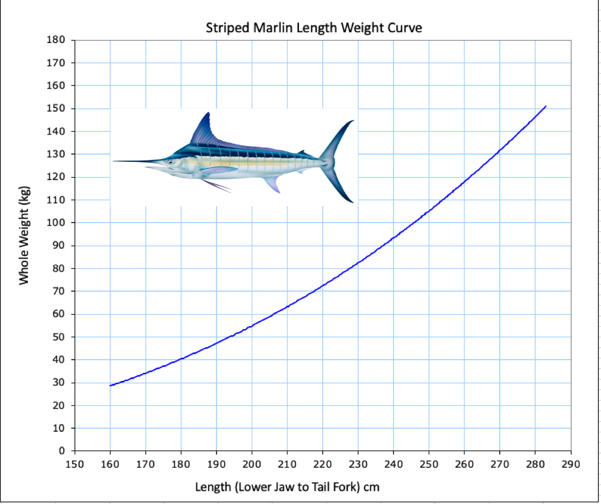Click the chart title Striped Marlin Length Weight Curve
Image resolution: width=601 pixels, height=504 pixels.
click(x=314, y=27)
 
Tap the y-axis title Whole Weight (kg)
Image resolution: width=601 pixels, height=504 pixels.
click(x=24, y=235)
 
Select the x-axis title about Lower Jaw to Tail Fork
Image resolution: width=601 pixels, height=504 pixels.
click(x=287, y=486)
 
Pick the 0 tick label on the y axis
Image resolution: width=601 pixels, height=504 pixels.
click(x=61, y=451)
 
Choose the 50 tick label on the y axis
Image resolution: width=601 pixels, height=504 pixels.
click(x=59, y=337)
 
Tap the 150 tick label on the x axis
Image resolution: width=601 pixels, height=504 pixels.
click(x=75, y=465)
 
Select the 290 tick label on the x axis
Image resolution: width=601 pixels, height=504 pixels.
click(x=571, y=465)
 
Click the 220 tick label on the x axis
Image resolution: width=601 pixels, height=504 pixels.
click(x=323, y=465)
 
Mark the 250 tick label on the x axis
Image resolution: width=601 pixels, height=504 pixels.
click(x=429, y=465)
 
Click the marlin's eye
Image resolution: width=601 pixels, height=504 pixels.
click(x=171, y=161)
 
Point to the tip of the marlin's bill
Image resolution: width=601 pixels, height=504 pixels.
click(x=113, y=161)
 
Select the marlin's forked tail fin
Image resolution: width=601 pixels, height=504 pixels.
click(x=340, y=161)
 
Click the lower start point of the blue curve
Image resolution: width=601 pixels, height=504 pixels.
click(x=110, y=386)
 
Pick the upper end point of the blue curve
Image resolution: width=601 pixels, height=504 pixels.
click(x=546, y=106)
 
